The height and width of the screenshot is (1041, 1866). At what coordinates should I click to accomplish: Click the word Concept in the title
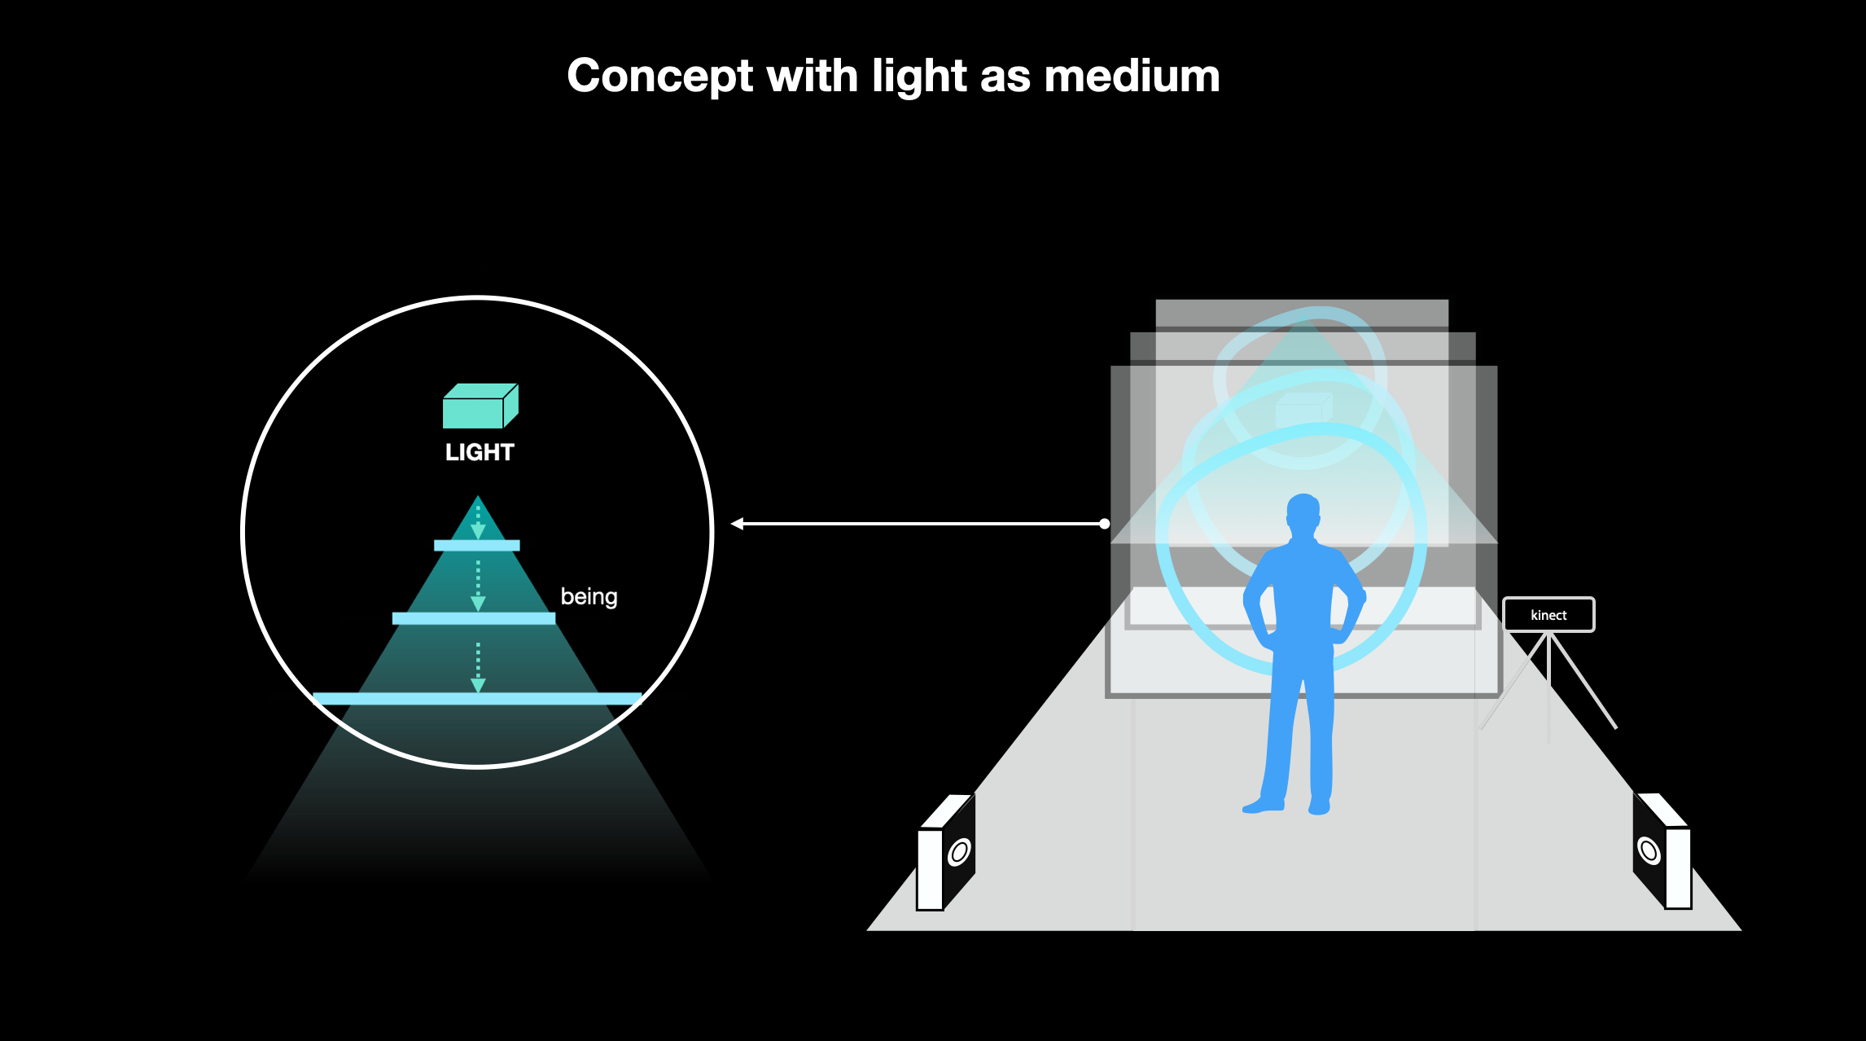point(660,77)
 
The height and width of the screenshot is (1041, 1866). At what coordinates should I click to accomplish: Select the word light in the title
point(920,77)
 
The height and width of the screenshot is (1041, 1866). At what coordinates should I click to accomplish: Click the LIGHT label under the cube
point(480,452)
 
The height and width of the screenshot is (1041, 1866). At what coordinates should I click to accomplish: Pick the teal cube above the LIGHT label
point(480,406)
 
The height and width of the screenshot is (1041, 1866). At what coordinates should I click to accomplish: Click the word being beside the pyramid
point(589,597)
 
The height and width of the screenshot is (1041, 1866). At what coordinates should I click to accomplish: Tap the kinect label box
point(1548,615)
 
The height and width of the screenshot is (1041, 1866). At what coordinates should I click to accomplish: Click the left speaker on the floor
point(946,852)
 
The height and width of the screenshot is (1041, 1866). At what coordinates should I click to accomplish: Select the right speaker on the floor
point(1662,850)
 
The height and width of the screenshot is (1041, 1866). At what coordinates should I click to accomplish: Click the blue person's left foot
point(1264,805)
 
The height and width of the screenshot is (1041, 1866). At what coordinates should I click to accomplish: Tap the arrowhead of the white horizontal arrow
point(737,524)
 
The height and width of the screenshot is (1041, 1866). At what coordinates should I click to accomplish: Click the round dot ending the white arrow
point(1105,524)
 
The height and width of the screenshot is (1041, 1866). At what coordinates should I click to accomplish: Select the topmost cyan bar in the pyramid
point(477,546)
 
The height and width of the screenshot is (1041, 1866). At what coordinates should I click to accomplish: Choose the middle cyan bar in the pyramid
point(474,619)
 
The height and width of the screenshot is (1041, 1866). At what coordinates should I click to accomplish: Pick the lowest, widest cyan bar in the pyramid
point(477,699)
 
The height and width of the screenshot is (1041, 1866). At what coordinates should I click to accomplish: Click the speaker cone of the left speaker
point(960,852)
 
